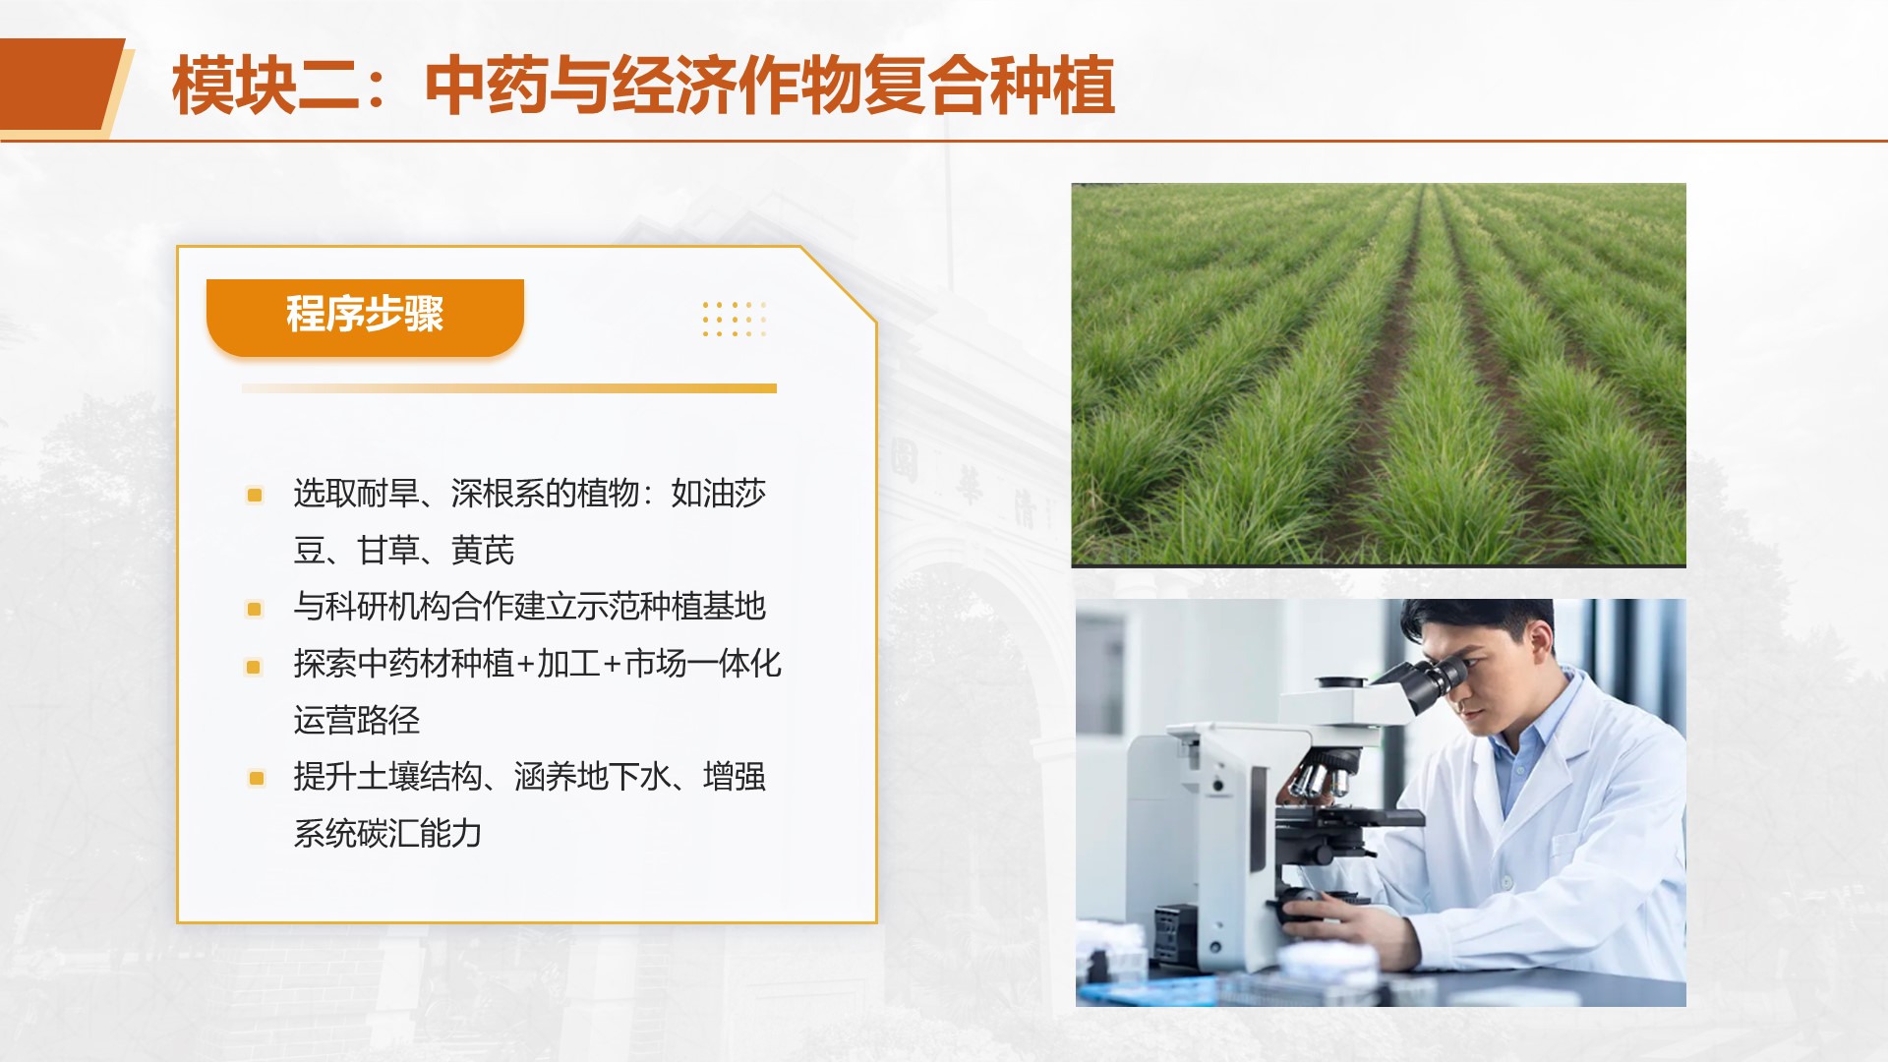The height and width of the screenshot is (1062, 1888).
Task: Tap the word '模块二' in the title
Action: coord(265,87)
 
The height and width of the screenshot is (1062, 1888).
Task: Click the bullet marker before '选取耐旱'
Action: coord(255,495)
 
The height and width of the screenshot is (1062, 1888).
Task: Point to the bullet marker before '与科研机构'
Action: coord(255,609)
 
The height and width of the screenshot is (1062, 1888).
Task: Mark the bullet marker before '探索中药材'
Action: coord(254,667)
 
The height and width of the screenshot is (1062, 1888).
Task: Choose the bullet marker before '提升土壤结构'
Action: coord(257,779)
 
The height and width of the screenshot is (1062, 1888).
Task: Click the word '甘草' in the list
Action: coord(387,551)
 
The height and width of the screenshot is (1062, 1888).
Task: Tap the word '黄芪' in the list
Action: coord(482,551)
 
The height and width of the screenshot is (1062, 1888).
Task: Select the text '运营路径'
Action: coord(357,721)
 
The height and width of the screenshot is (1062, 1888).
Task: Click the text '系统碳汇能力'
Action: coord(387,834)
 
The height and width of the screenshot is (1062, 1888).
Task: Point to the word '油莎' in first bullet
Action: coord(734,494)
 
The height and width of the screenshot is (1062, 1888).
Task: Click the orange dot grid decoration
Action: coord(735,320)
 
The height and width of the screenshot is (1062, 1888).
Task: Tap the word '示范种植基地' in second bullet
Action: coord(671,607)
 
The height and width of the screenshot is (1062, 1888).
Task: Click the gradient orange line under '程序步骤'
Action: coord(509,388)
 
